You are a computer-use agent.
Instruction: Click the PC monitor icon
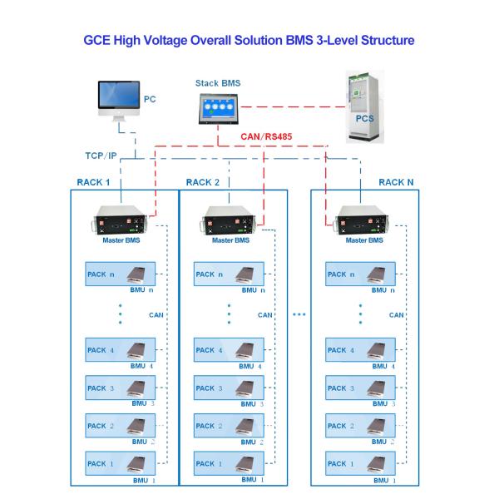pos(119,101)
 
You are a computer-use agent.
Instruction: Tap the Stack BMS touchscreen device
pos(218,109)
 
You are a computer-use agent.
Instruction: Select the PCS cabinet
pos(365,106)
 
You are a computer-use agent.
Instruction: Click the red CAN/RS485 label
pos(266,136)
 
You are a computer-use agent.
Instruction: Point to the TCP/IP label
pos(101,156)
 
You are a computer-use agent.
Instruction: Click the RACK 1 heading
pos(93,182)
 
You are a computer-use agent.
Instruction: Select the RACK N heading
pos(396,182)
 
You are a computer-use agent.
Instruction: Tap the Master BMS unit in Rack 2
pos(229,220)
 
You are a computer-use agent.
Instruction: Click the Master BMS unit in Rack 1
pos(121,220)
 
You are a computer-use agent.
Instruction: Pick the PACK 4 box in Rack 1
pos(121,350)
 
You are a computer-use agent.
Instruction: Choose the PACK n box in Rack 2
pos(229,274)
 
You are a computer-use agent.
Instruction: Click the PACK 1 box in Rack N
pos(360,463)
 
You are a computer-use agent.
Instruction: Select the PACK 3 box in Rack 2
pos(229,388)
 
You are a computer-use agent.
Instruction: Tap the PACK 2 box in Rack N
pos(360,426)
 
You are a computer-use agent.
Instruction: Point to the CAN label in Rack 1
pos(156,315)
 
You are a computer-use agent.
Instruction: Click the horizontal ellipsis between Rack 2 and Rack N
pos(299,314)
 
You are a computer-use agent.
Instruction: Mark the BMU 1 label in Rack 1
pos(144,480)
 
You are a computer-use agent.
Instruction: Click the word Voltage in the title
pos(166,41)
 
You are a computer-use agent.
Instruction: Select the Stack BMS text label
pos(218,83)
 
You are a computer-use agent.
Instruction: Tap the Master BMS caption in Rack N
pos(364,240)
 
